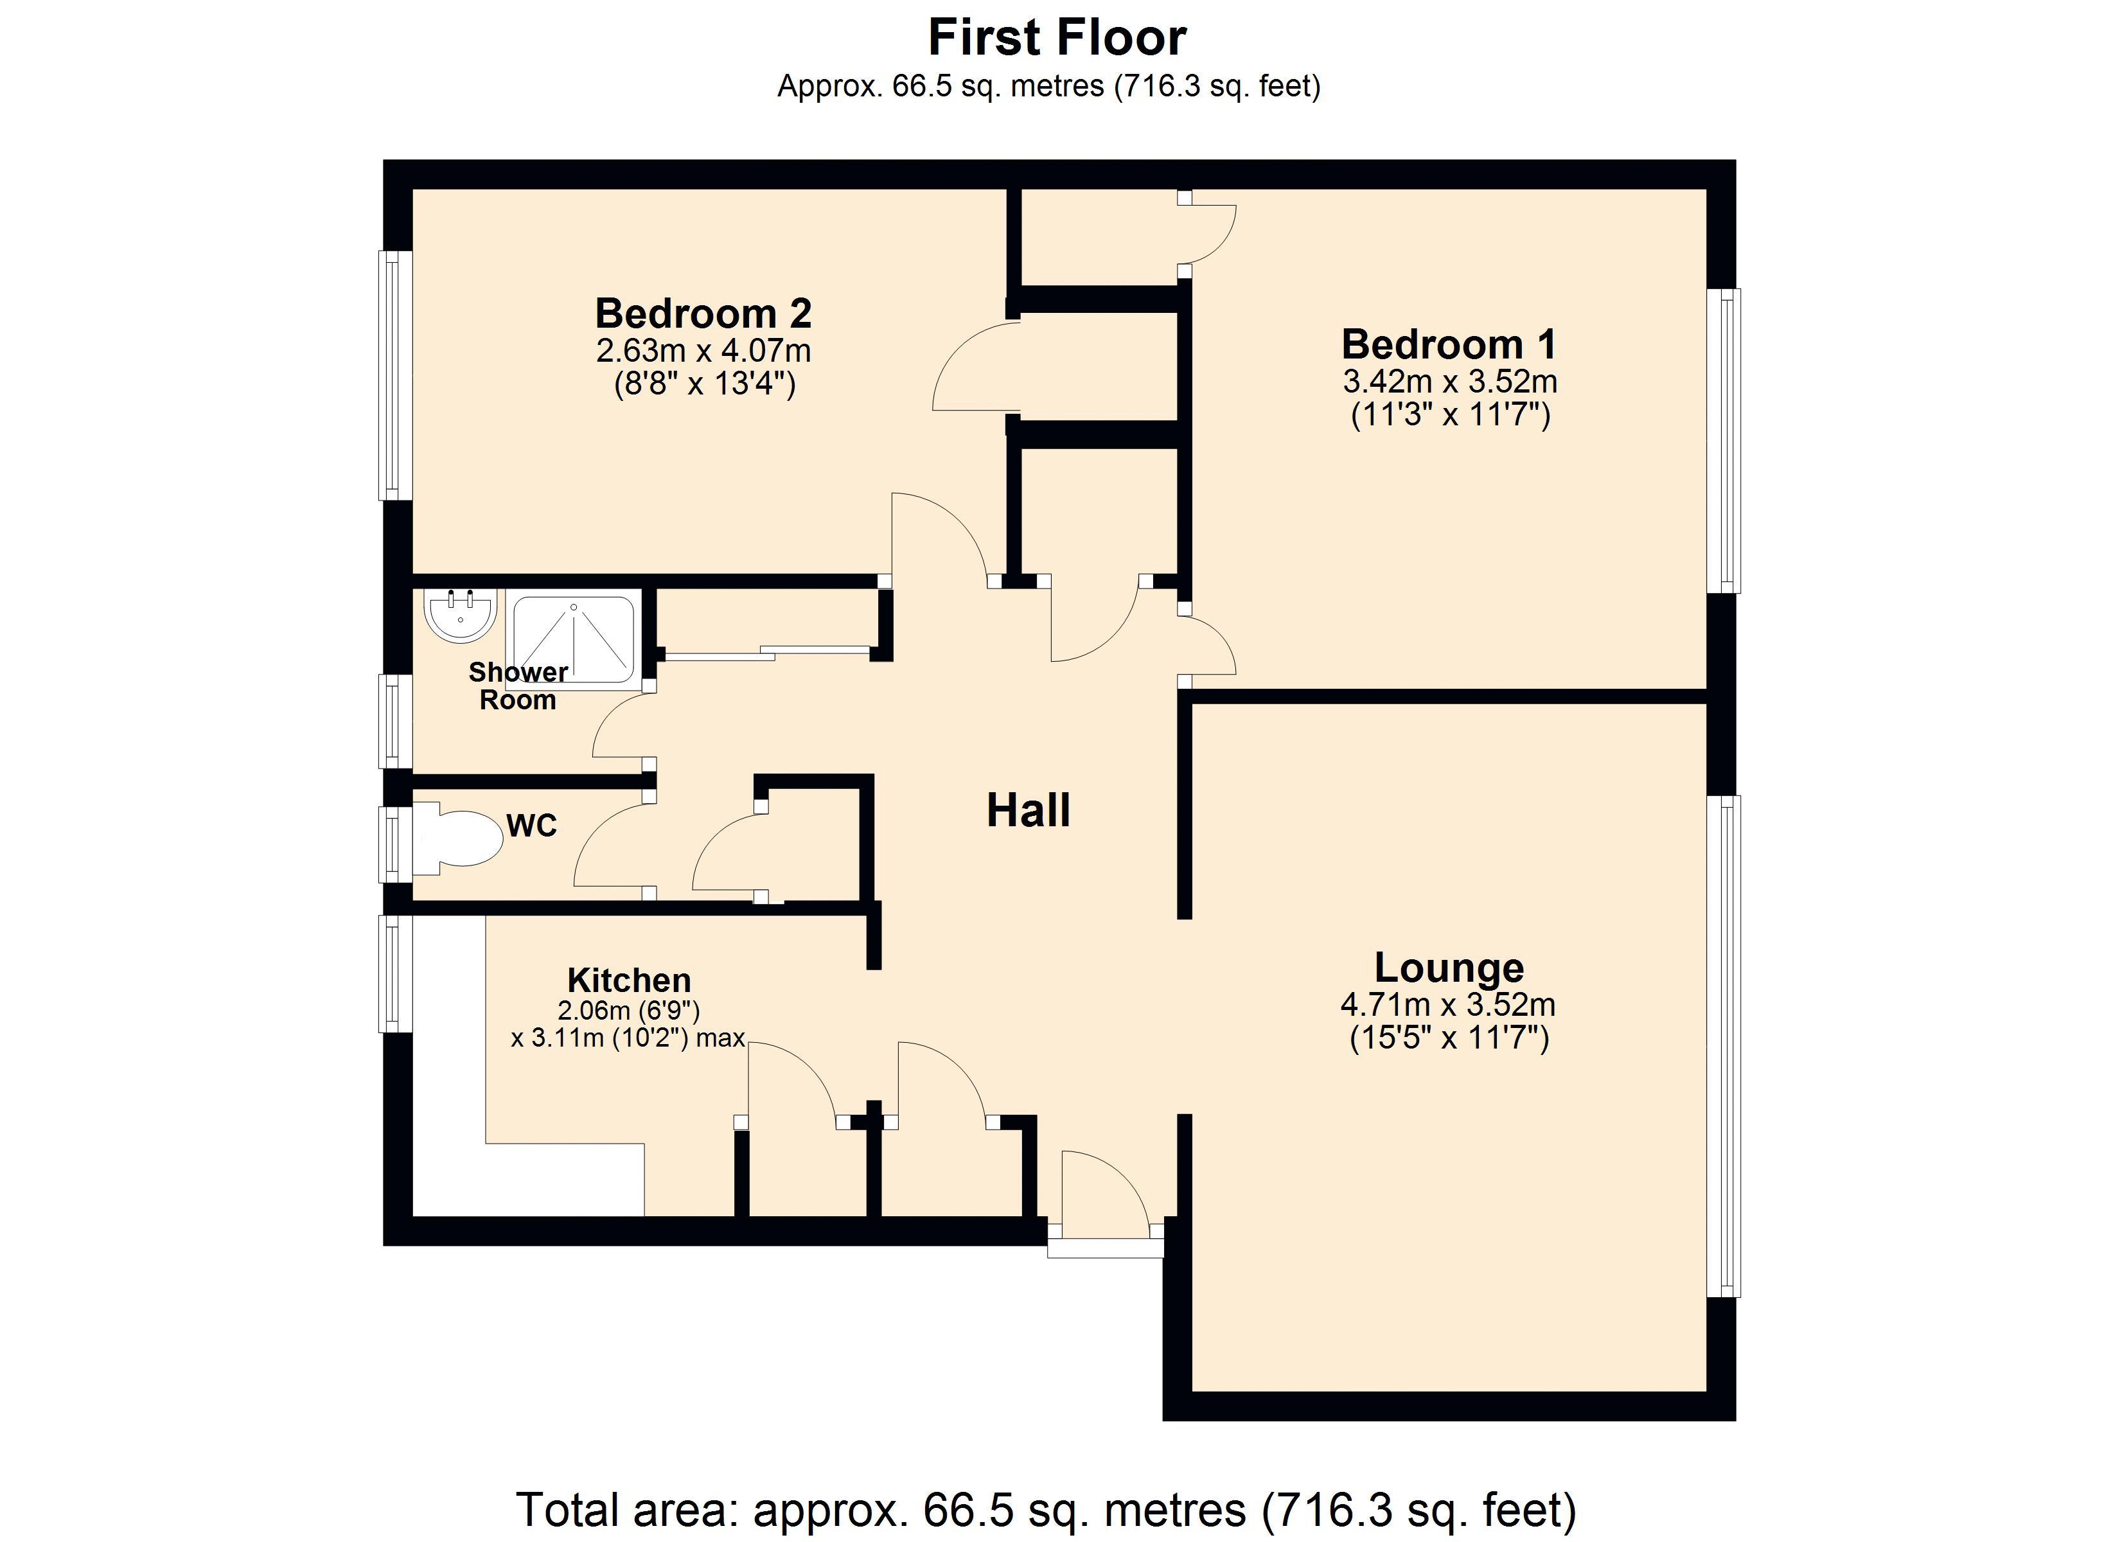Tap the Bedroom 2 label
703,314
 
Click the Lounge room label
1448,967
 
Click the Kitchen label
629,980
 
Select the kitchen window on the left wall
394,973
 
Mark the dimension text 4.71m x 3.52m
1448,1006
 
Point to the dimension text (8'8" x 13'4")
704,384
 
